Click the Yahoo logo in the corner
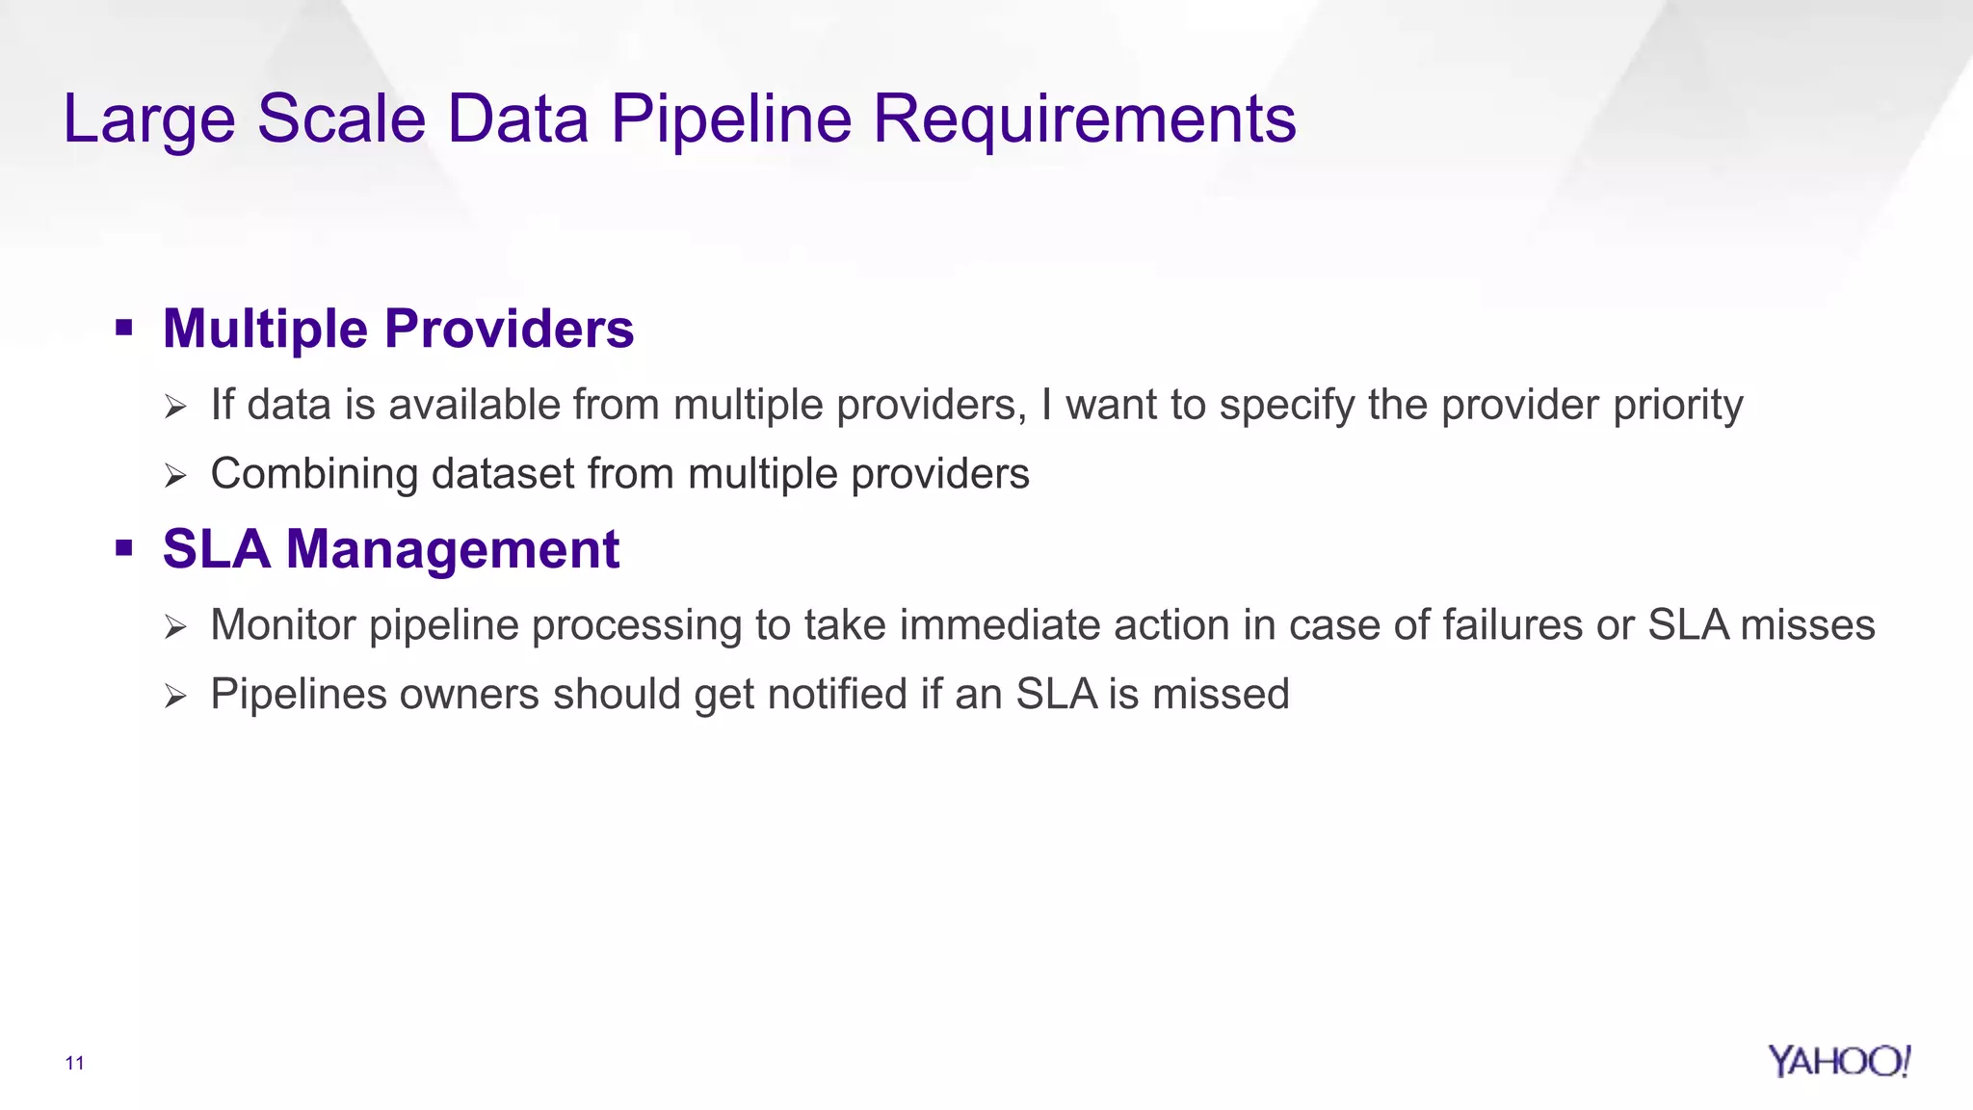[x=1838, y=1061]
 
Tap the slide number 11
[x=74, y=1063]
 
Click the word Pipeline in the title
[x=731, y=119]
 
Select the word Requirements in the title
[x=1084, y=119]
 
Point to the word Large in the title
[x=149, y=119]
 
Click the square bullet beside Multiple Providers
[x=123, y=329]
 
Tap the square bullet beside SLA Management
[x=123, y=549]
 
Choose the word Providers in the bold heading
[x=509, y=330]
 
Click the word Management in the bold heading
[x=453, y=550]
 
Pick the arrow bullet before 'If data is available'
[x=174, y=407]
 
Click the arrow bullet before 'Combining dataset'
[x=174, y=476]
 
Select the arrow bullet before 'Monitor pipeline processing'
[x=174, y=627]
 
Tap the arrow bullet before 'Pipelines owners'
[x=174, y=696]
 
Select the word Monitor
[x=283, y=625]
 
